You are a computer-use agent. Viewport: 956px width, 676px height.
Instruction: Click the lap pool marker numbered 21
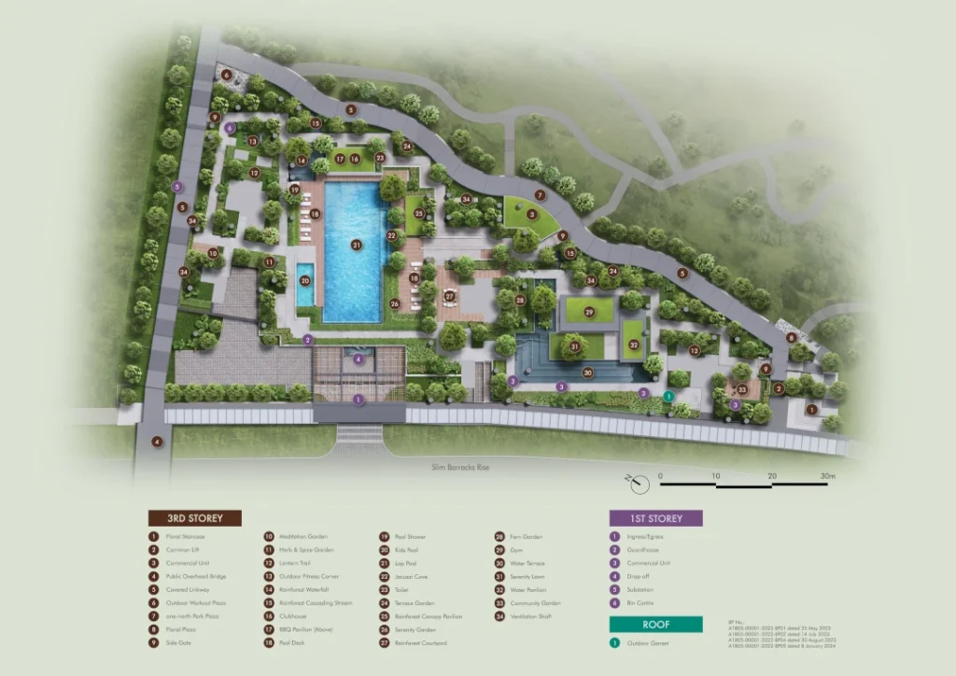point(357,245)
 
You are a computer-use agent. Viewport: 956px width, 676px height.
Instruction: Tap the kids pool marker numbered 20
point(305,279)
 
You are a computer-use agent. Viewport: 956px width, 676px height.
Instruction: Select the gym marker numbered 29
point(589,311)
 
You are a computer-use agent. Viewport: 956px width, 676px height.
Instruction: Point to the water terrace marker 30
point(588,373)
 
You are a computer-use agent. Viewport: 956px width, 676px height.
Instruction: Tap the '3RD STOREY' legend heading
point(194,518)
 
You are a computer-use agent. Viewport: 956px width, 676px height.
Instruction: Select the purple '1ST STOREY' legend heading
point(655,518)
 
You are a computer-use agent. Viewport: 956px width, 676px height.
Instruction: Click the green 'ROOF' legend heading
point(655,625)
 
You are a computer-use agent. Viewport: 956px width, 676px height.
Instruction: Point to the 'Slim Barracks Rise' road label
point(460,467)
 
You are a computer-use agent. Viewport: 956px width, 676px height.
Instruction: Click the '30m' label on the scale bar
point(828,476)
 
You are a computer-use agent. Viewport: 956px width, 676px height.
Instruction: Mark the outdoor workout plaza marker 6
point(225,74)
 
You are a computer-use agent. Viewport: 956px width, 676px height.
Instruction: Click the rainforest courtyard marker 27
point(449,296)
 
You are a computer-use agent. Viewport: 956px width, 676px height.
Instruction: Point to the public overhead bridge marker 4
point(158,442)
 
